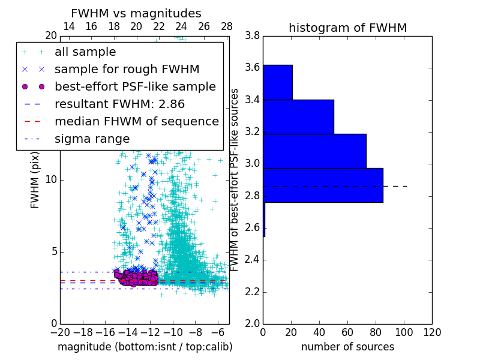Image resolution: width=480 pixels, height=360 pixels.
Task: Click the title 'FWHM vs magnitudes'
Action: tap(136, 13)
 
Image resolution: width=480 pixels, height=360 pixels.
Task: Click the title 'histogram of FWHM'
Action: tap(347, 28)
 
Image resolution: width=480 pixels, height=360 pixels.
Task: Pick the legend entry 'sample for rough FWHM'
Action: tap(127, 70)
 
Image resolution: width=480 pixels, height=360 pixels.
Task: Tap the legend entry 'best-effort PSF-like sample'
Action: tap(135, 86)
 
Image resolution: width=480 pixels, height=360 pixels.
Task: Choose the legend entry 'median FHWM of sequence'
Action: tap(136, 121)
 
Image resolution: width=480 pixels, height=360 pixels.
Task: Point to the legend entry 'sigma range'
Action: tap(92, 139)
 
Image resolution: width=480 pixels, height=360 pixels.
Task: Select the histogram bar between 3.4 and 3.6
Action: tap(277, 82)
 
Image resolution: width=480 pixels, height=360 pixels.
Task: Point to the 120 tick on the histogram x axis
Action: tap(432, 332)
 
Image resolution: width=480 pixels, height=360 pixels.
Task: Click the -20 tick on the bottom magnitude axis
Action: tap(60, 332)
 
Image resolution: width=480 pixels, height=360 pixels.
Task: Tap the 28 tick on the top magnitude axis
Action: tap(227, 26)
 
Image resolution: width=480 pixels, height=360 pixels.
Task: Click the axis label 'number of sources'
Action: tap(347, 347)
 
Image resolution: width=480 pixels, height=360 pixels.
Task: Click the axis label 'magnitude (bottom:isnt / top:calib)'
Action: tap(145, 347)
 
